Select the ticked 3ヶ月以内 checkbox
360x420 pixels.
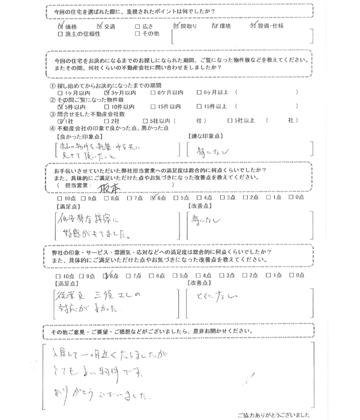[x=107, y=94]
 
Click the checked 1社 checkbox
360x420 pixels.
[x=60, y=120]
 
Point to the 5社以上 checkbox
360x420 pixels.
[x=230, y=120]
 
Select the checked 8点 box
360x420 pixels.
[x=106, y=275]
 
